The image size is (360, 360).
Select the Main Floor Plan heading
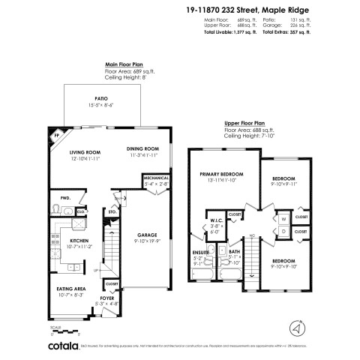tap(127, 65)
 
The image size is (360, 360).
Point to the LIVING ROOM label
tap(65, 152)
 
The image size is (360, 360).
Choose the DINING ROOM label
tap(142, 149)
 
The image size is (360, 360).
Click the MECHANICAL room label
tap(155, 178)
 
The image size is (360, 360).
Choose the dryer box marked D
tap(284, 232)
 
